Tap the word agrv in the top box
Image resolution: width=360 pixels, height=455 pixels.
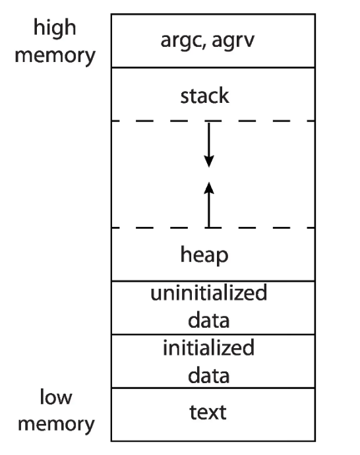[233, 41]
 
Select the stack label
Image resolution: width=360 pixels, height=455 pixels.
[205, 95]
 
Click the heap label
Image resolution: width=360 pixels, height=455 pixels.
[204, 255]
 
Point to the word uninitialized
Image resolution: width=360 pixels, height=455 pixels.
[209, 293]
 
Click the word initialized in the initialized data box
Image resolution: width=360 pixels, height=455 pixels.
[209, 348]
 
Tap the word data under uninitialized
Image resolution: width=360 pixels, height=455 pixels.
[209, 320]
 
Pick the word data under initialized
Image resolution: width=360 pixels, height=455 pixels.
[209, 375]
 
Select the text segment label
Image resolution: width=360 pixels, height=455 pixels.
[208, 412]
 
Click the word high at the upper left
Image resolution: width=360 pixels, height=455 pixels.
[55, 28]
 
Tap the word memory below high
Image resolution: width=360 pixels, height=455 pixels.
[55, 56]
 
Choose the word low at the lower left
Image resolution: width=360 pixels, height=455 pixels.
[56, 396]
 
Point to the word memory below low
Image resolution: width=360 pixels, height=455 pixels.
[56, 425]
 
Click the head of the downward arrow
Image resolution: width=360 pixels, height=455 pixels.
[209, 162]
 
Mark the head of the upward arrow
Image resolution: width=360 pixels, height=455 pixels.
[209, 188]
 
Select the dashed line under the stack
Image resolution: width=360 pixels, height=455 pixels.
[213, 121]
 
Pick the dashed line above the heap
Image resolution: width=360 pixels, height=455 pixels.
[213, 228]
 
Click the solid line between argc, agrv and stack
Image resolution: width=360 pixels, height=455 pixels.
[213, 68]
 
